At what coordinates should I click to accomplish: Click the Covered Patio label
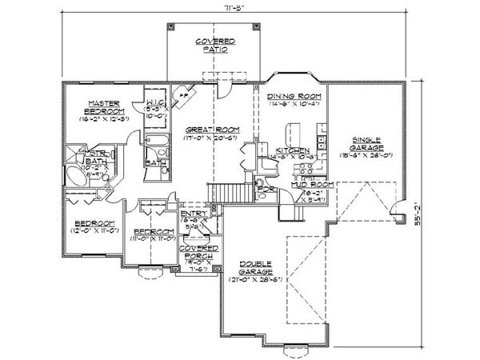[214, 45]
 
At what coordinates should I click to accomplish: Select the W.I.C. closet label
[154, 102]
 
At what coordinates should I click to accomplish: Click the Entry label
[192, 214]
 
